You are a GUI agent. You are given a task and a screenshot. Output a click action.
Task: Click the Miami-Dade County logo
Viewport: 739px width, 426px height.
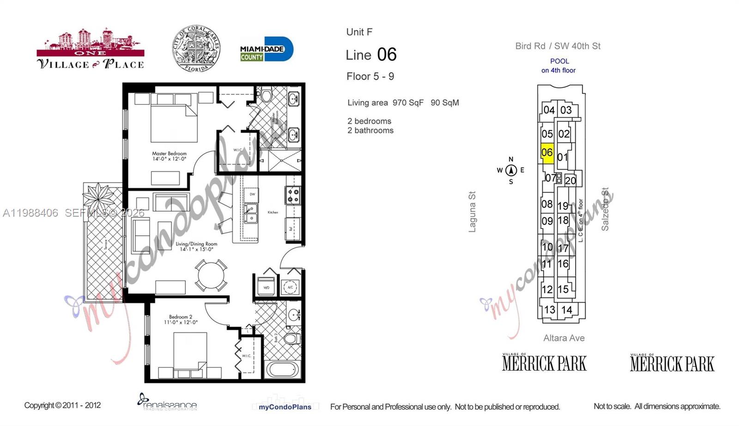coord(266,49)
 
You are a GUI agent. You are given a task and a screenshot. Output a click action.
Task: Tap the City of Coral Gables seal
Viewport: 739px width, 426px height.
coord(196,49)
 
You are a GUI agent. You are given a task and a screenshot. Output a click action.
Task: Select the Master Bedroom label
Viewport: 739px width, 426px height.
coord(169,156)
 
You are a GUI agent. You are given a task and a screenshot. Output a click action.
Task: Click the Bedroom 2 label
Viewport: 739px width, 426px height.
coord(180,319)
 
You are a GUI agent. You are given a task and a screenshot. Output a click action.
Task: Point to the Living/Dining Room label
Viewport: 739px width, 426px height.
coord(196,246)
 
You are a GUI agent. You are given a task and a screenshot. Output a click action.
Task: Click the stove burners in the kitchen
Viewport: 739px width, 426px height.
coord(293,195)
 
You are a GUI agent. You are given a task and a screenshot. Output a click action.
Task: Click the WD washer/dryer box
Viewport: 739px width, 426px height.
coord(267,287)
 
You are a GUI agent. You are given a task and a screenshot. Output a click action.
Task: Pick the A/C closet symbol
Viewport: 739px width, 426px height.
coord(291,287)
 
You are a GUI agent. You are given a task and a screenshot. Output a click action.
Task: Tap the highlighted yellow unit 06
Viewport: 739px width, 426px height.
coord(547,153)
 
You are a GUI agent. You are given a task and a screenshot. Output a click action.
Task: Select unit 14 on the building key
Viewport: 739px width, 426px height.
coord(567,310)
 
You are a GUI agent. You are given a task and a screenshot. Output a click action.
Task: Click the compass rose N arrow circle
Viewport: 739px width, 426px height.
coord(511,170)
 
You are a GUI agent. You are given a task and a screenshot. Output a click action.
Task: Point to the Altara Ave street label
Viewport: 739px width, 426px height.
coord(563,338)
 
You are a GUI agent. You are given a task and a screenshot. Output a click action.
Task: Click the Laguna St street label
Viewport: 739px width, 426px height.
coord(472,212)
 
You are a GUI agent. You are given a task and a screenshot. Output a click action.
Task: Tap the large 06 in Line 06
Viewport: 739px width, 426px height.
coord(387,55)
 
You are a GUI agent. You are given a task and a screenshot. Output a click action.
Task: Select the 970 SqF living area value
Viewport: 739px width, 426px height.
coord(407,103)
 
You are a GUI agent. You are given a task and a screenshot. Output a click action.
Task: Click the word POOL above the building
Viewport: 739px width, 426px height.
coord(559,61)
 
